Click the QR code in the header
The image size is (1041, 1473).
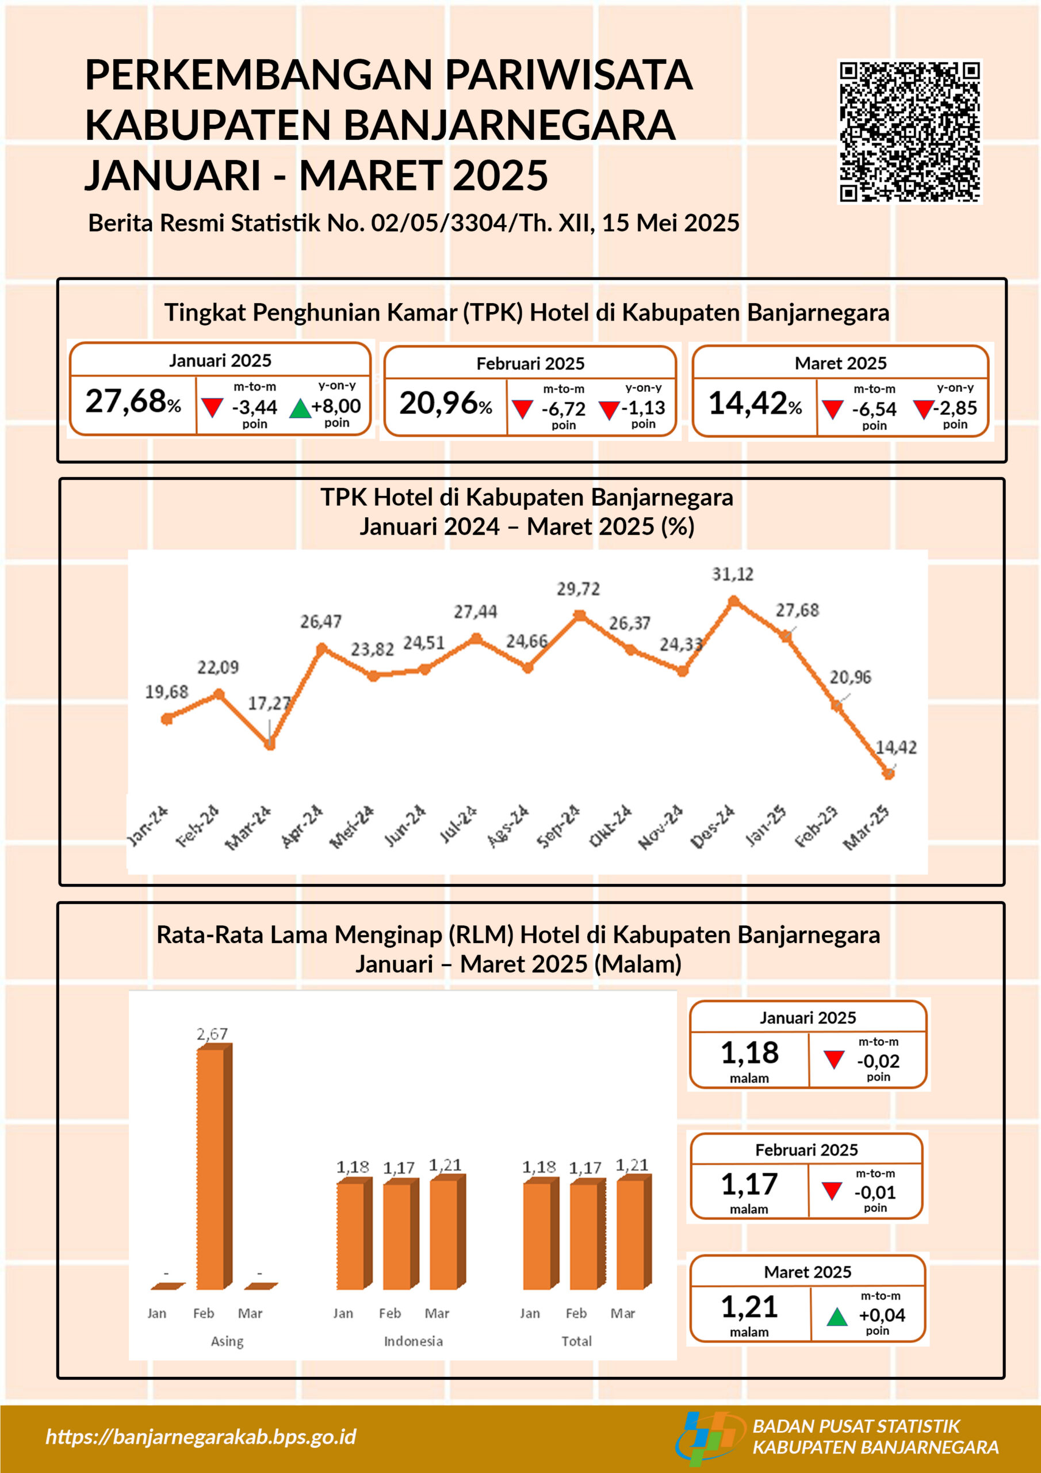[x=909, y=132]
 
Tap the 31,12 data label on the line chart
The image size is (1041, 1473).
[x=733, y=574]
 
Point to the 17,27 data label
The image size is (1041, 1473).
[x=269, y=704]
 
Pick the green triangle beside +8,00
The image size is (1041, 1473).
[x=300, y=409]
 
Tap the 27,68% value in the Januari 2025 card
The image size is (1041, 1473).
[x=133, y=402]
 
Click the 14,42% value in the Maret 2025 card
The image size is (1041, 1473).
[x=755, y=403]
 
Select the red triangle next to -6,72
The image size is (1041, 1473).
[x=523, y=409]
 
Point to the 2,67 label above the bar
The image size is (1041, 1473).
[x=212, y=1033]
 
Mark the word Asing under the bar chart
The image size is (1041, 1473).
[x=227, y=1341]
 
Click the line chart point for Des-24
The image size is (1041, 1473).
[x=734, y=601]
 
